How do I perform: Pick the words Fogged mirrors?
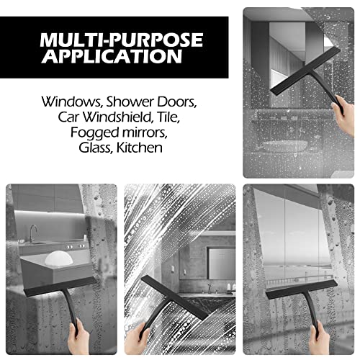pyautogui.click(x=122, y=132)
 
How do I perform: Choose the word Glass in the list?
pyautogui.click(x=99, y=148)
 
